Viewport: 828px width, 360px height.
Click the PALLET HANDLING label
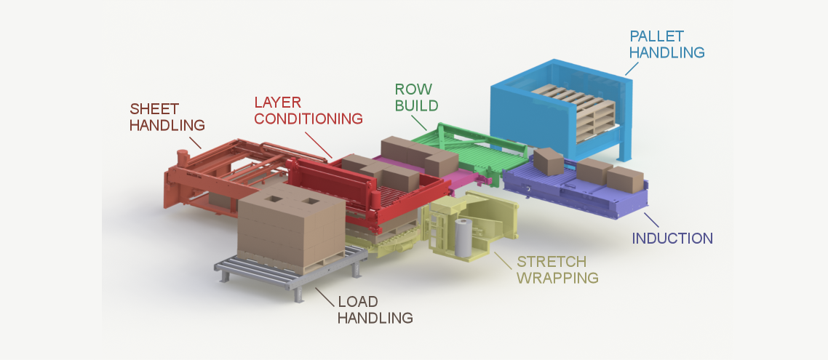666,44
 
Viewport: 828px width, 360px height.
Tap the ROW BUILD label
416,97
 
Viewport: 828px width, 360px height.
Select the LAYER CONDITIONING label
308,110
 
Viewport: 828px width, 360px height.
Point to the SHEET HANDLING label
167,116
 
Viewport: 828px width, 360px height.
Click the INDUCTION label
672,239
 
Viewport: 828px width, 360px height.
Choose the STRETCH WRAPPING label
557,269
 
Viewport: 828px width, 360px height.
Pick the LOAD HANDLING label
375,309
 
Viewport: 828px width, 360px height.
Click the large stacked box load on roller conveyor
289,229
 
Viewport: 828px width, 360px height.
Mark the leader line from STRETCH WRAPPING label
503,257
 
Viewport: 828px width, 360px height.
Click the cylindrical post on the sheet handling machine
182,158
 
